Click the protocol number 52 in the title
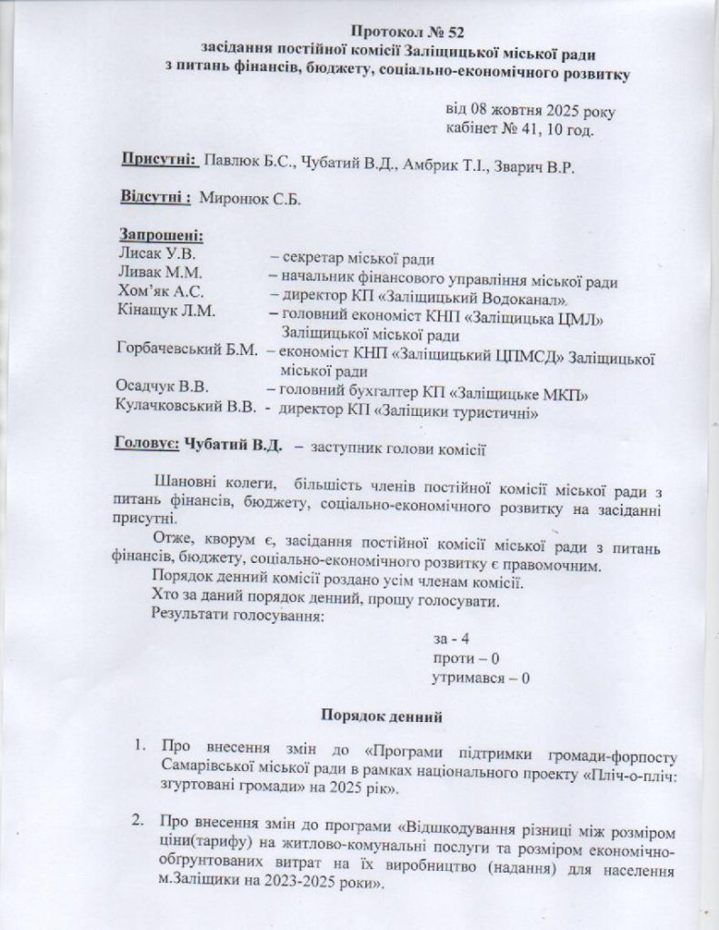[x=444, y=33]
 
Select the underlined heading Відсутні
[x=155, y=198]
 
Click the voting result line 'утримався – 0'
[x=481, y=677]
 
